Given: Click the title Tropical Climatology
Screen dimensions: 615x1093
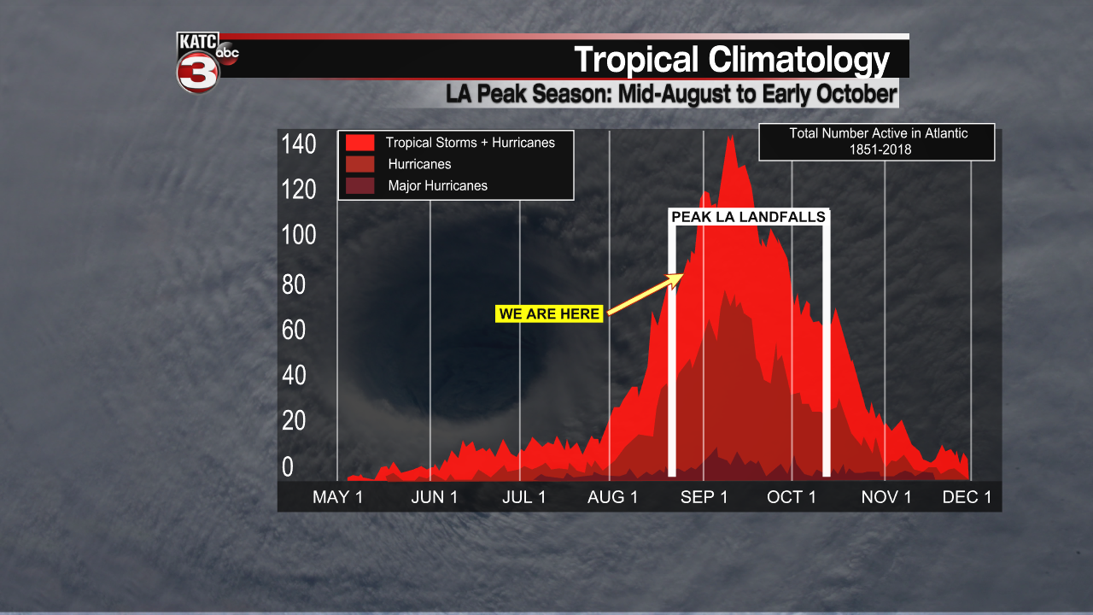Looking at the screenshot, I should pyautogui.click(x=731, y=60).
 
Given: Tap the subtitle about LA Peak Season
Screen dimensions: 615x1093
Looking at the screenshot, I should pyautogui.click(x=671, y=93).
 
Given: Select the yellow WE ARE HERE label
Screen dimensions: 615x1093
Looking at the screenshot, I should pyautogui.click(x=550, y=314).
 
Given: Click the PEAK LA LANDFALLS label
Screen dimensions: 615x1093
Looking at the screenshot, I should pyautogui.click(x=748, y=217).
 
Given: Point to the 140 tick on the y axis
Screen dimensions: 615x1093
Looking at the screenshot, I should pyautogui.click(x=299, y=144).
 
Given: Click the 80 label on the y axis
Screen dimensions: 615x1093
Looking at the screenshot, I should pyautogui.click(x=294, y=284).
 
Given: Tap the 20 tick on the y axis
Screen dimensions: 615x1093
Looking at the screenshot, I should pyautogui.click(x=294, y=420).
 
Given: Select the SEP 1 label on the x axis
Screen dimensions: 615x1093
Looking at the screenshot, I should pyautogui.click(x=704, y=497).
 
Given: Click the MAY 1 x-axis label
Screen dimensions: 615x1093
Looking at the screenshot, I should pyautogui.click(x=337, y=497).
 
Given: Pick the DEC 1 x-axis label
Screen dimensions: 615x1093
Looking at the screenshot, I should pyautogui.click(x=967, y=497).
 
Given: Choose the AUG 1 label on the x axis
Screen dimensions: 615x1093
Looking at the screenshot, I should pyautogui.click(x=612, y=497).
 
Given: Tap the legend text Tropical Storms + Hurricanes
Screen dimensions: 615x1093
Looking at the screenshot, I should pyautogui.click(x=470, y=143).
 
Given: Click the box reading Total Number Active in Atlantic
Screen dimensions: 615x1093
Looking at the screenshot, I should pyautogui.click(x=877, y=142).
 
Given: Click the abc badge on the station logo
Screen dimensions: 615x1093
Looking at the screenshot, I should pyautogui.click(x=227, y=53).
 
